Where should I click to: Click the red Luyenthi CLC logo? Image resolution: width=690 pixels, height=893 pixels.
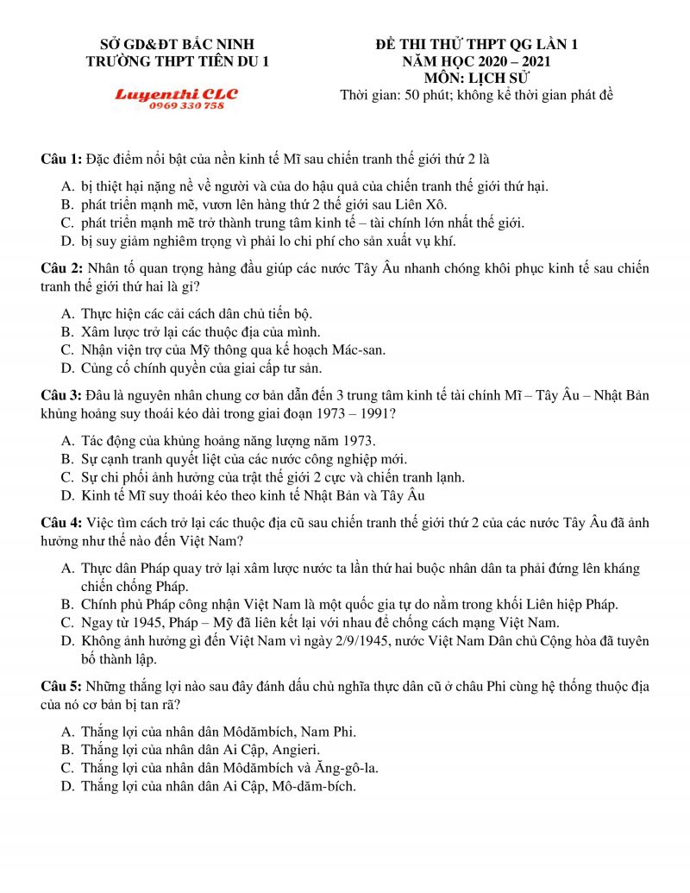point(176,93)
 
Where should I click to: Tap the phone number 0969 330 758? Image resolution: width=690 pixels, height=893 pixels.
point(186,105)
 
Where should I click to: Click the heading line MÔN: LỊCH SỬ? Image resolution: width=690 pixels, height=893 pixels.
point(476,79)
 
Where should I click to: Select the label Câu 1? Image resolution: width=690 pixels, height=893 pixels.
point(61,160)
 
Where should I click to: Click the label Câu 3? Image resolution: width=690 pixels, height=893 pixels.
point(61,396)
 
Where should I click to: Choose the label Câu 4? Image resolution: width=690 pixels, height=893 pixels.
point(61,524)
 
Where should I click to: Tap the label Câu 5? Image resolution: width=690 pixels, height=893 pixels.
point(61,687)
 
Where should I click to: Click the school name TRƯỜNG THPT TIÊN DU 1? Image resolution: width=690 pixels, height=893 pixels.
point(179,61)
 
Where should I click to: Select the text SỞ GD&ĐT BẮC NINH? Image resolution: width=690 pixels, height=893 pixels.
point(179,44)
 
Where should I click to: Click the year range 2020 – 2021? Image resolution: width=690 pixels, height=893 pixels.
point(503,61)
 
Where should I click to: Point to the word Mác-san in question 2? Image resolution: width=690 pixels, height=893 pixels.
point(361,350)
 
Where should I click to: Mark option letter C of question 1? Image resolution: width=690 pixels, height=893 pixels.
point(66,223)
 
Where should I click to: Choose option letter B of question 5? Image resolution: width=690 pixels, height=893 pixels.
point(66,750)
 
